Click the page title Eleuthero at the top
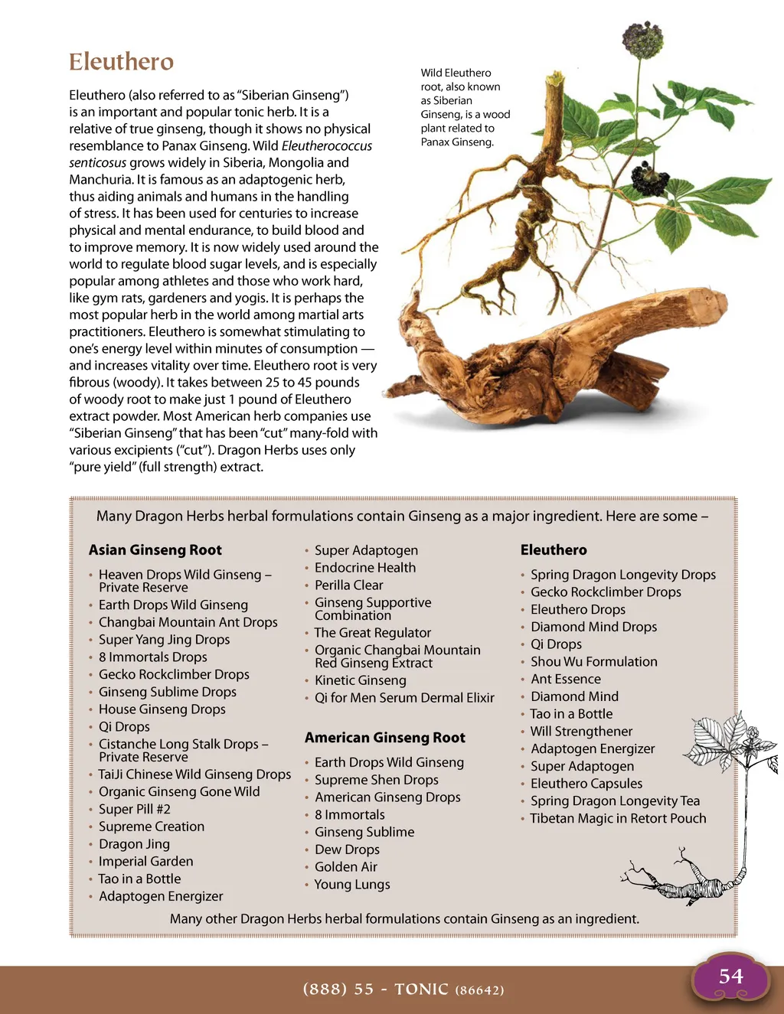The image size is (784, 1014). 121,62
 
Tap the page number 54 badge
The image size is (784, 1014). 730,977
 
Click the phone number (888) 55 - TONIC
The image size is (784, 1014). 403,989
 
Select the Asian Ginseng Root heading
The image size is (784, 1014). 155,549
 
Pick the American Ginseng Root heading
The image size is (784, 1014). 384,738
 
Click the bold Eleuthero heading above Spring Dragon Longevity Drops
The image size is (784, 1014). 554,549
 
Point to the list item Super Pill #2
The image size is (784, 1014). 134,809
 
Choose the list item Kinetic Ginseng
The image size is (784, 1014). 360,680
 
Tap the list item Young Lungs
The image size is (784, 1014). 352,885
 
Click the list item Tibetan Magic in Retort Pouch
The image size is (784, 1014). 618,818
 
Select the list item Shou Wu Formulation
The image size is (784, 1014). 593,662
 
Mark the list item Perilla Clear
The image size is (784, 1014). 348,585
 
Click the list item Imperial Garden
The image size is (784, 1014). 145,862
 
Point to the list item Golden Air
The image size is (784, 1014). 345,867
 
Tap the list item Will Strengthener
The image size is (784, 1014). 581,732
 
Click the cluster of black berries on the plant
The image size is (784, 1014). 649,179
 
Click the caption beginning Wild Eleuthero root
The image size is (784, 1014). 465,107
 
